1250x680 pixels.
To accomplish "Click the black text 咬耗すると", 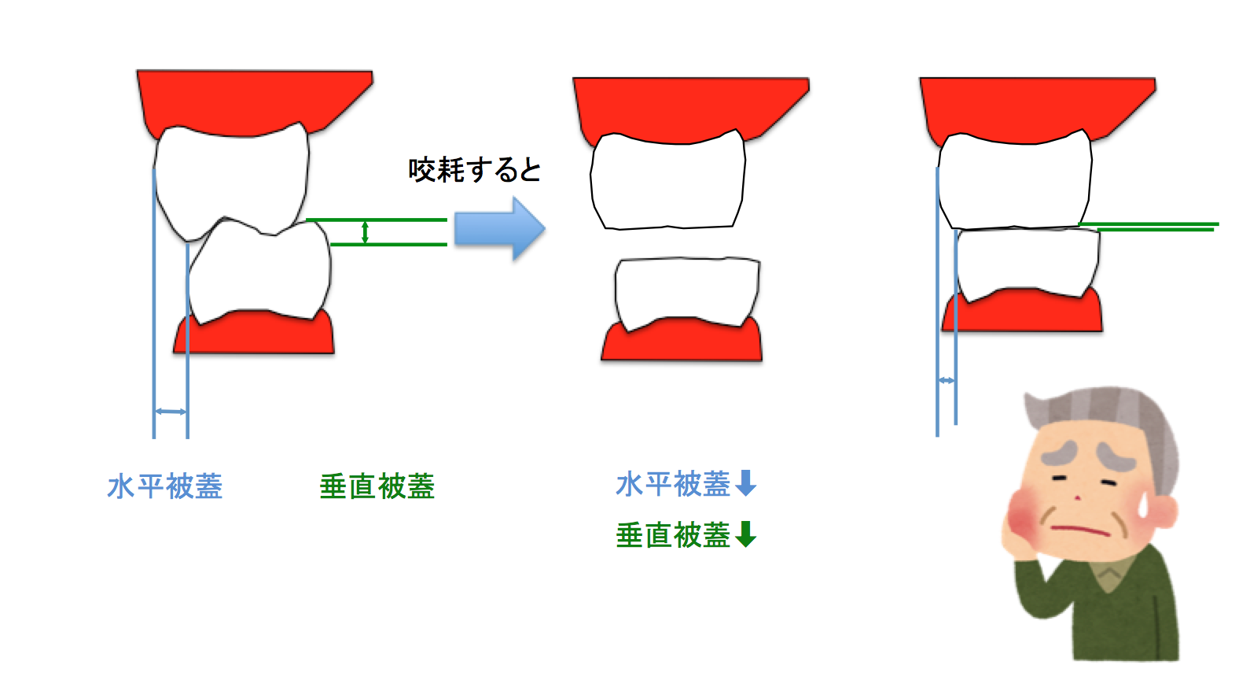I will click(x=475, y=170).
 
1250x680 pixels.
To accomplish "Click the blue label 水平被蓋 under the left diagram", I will click(x=165, y=486).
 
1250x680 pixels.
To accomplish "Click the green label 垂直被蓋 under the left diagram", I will click(x=377, y=486).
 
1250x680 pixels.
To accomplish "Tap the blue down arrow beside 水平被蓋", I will click(x=745, y=482).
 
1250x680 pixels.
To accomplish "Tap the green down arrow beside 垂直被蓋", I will click(x=745, y=534).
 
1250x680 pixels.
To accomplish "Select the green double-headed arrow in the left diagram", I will click(x=365, y=232).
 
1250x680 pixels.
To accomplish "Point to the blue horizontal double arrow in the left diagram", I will click(x=171, y=411).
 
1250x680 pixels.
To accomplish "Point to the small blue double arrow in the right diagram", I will click(x=947, y=381).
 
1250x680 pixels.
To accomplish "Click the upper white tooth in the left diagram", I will click(x=232, y=177).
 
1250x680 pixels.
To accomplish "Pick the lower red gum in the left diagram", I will click(x=256, y=334).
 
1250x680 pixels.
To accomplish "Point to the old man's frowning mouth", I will click(x=1081, y=529).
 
